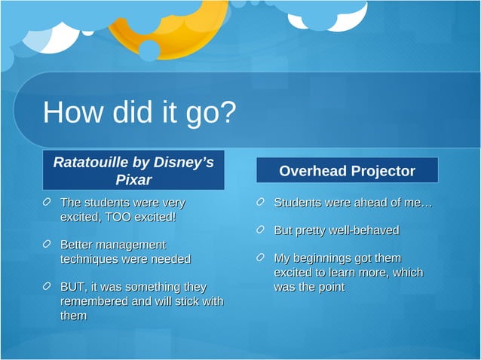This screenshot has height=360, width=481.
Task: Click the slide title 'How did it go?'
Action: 139,113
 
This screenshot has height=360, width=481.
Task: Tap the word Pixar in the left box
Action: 133,179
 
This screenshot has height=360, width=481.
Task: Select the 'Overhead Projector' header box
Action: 347,171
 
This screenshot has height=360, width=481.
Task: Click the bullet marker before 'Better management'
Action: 47,245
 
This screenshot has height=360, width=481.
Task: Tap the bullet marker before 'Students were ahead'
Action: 261,203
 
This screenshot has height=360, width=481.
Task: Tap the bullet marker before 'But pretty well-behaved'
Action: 261,230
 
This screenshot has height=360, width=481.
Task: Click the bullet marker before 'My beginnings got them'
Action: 261,258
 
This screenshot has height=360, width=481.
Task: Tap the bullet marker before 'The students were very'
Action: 47,203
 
